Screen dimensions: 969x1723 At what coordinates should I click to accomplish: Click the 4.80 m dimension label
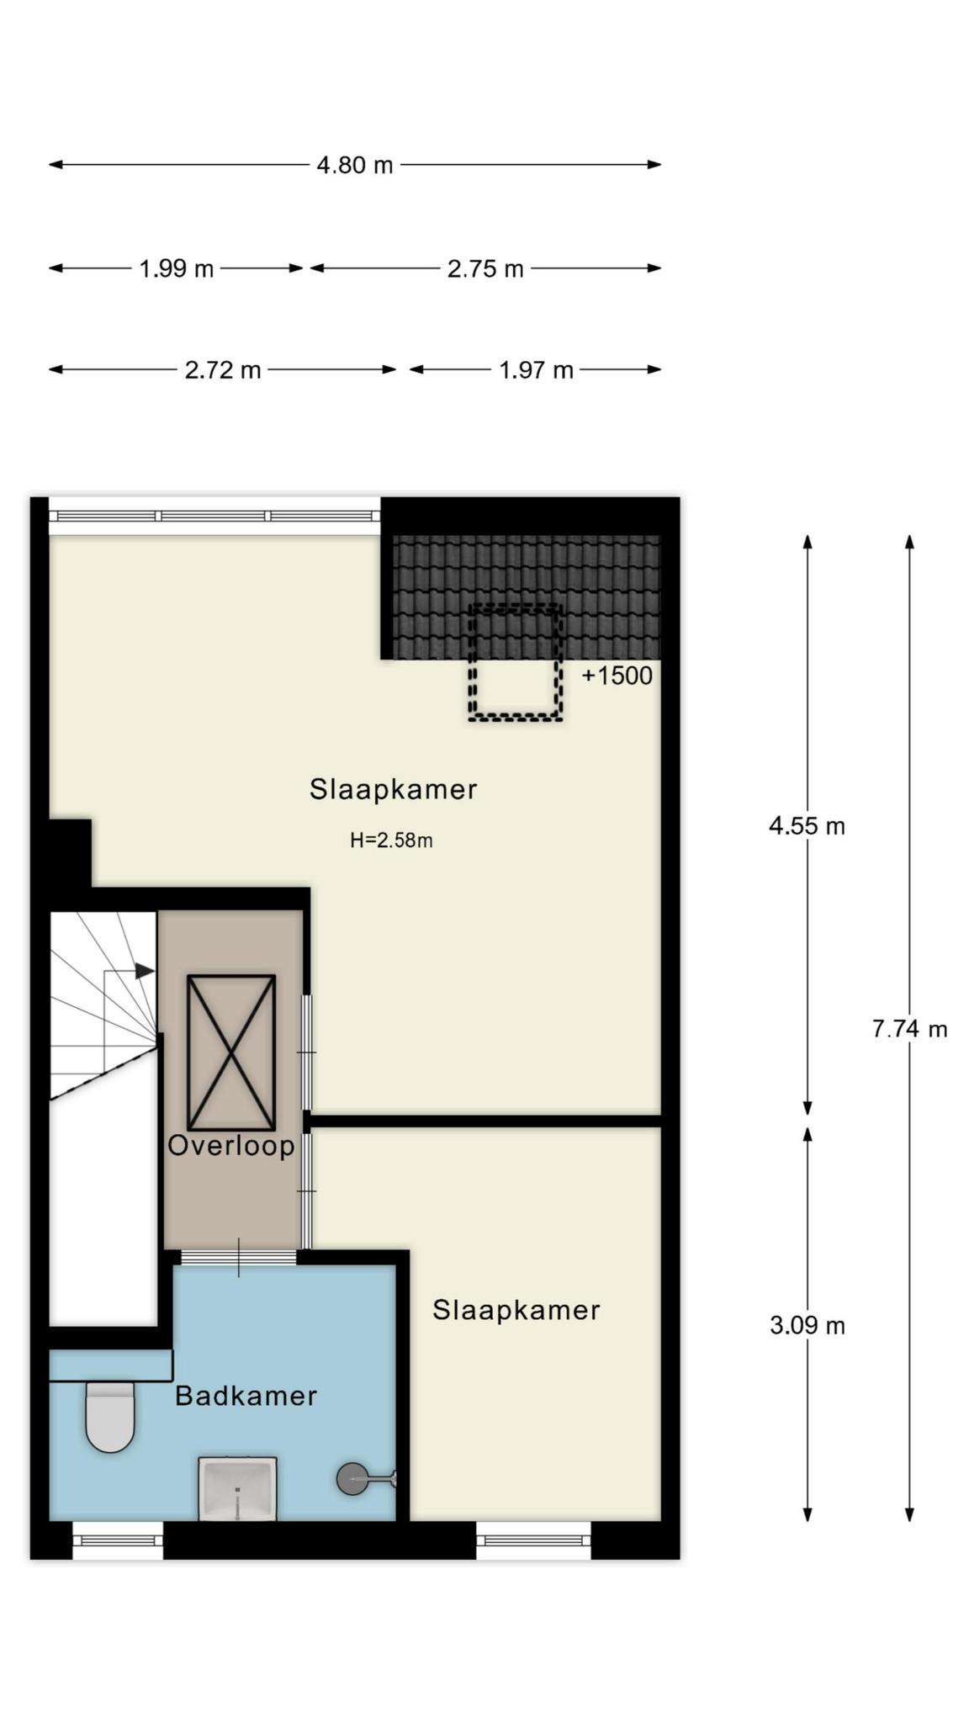tap(354, 165)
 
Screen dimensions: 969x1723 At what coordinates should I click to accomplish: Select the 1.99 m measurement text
tap(176, 269)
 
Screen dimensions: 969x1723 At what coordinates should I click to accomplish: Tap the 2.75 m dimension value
tap(485, 269)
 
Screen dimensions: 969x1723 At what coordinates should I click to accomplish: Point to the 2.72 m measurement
tap(223, 370)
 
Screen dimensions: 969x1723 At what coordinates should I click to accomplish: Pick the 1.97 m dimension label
tap(536, 370)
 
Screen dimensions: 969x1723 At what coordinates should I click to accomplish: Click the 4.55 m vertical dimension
tap(807, 826)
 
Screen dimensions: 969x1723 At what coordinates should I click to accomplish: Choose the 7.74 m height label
tap(909, 1029)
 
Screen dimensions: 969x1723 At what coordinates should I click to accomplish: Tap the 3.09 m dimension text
tap(807, 1326)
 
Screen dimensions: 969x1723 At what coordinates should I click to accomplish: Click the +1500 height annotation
tap(617, 676)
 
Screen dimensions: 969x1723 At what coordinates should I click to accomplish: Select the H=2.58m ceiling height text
tap(391, 840)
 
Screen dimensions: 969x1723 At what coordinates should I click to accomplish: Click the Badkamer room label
tap(246, 1397)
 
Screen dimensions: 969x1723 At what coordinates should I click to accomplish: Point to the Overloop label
tap(231, 1146)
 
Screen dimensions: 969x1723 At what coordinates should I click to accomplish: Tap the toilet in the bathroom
tap(110, 1417)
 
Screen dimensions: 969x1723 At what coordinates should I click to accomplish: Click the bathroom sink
tap(237, 1489)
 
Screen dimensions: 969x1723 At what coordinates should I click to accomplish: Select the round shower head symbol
tap(352, 1478)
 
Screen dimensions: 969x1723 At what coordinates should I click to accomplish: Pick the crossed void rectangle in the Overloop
tap(231, 1052)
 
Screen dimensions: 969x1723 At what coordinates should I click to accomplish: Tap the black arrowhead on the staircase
tap(145, 971)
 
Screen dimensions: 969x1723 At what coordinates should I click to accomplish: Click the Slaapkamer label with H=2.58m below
tap(393, 790)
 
